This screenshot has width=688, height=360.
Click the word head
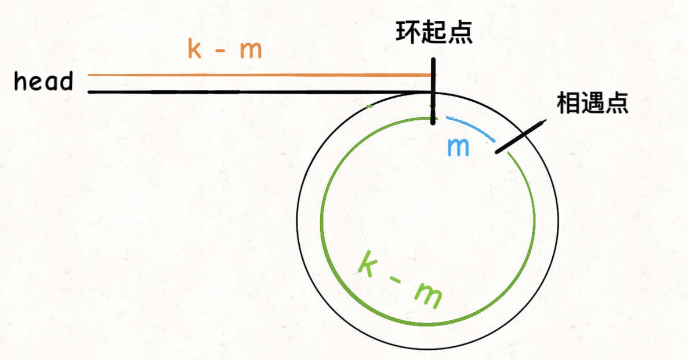(x=43, y=82)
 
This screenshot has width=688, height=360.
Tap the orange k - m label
(x=224, y=50)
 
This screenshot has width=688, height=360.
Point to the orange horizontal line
(x=259, y=75)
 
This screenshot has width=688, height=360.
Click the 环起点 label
(x=434, y=33)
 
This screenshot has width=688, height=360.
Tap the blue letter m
(x=458, y=148)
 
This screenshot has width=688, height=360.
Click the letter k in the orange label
(x=194, y=49)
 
